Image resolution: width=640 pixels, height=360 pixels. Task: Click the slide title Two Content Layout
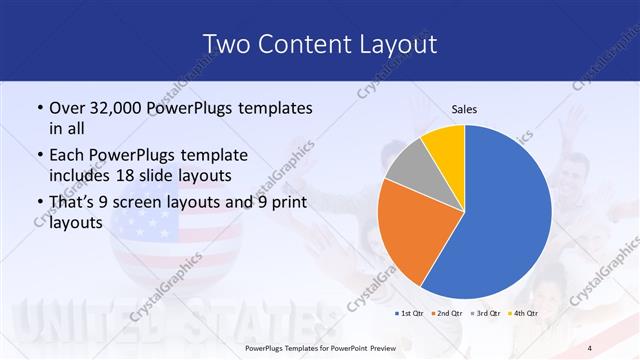coord(319,44)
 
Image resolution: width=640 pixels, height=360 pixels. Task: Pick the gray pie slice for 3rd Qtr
coord(408,165)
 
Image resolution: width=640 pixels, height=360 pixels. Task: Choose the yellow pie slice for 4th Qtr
coord(443,143)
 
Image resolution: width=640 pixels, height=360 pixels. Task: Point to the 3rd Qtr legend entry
coord(487,314)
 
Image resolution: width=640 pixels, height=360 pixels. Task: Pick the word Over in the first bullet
coord(66,107)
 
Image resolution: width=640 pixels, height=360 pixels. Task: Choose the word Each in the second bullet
coord(66,154)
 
